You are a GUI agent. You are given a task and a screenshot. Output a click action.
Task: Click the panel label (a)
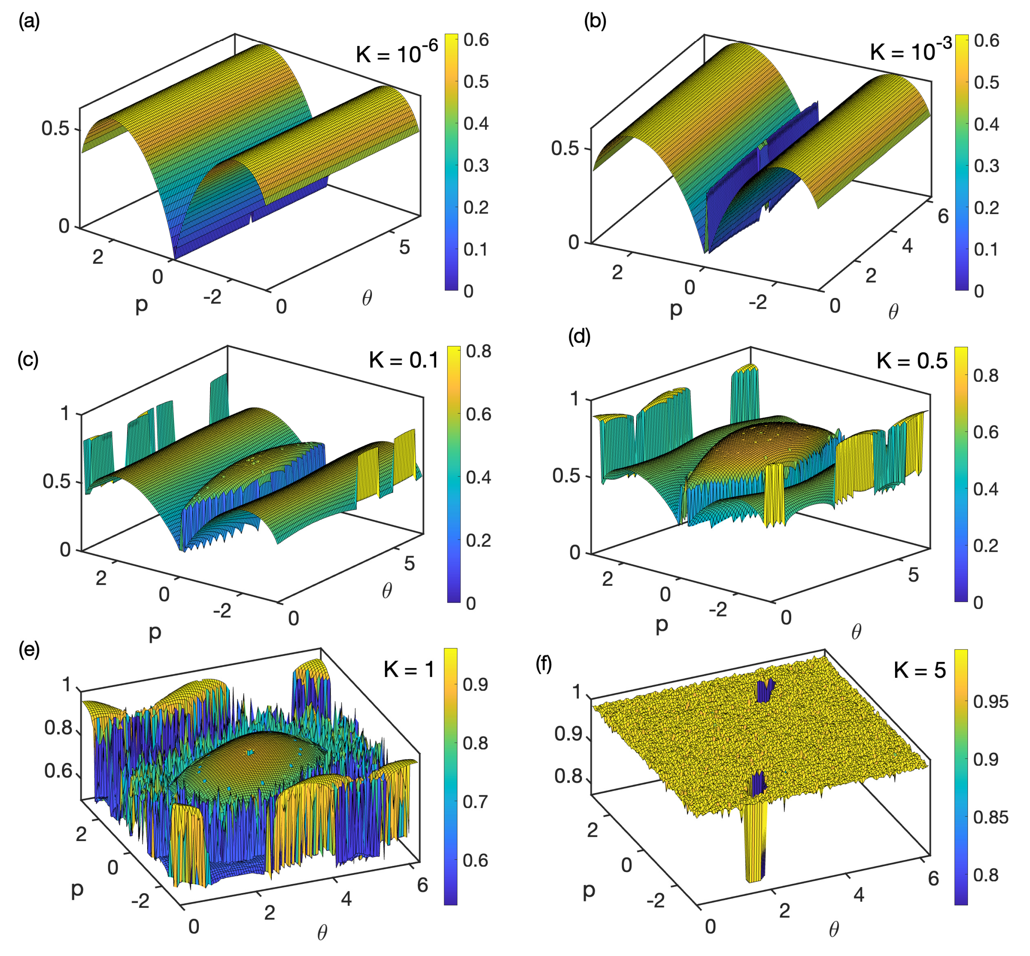pos(29,22)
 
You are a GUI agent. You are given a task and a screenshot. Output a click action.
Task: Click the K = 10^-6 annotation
pos(397,52)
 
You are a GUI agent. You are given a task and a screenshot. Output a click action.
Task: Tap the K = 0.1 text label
pos(404,360)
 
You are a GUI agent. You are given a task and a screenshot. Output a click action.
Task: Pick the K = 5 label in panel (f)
pos(919,671)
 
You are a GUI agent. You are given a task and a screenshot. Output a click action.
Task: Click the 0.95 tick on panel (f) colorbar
pos(991,702)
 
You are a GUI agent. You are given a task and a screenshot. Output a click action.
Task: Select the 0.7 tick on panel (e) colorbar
pos(475,802)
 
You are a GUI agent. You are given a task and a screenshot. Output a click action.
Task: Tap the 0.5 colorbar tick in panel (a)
pos(476,82)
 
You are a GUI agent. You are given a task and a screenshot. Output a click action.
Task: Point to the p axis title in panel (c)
pos(155,632)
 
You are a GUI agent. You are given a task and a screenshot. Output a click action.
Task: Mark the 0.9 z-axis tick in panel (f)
pos(568,733)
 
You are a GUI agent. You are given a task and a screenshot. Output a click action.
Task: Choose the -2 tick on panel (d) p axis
pos(718,610)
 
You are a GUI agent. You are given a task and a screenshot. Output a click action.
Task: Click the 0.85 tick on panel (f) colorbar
pos(991,817)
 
